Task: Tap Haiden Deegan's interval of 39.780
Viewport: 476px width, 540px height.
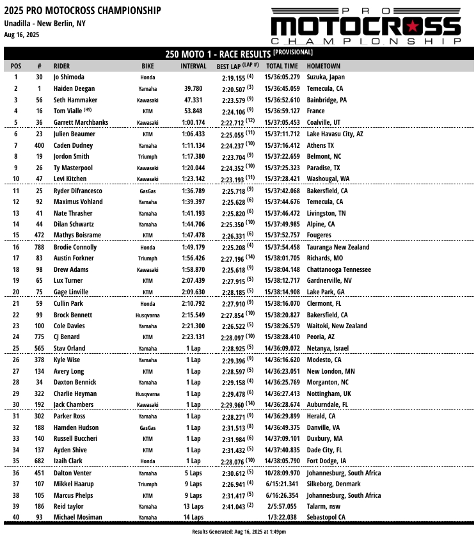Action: tap(193, 89)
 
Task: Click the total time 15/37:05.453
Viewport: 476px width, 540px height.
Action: tap(282, 123)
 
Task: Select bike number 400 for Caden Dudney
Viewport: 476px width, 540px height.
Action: tap(39, 146)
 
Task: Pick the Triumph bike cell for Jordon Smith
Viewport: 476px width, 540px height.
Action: tap(148, 157)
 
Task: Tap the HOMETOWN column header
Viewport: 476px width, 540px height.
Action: tap(323, 66)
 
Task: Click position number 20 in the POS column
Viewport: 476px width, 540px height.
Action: tap(16, 292)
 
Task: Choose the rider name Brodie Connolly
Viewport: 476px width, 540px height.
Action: tap(75, 247)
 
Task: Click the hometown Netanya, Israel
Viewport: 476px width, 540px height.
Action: tap(328, 349)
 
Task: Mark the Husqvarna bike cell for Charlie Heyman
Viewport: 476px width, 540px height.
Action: tap(148, 394)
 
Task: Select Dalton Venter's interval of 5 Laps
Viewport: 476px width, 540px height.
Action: tap(193, 473)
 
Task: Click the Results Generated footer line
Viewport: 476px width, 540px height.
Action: tap(239, 532)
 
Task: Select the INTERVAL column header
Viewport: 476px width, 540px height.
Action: tap(193, 66)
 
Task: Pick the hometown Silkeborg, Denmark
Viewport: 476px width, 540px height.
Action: tap(333, 484)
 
